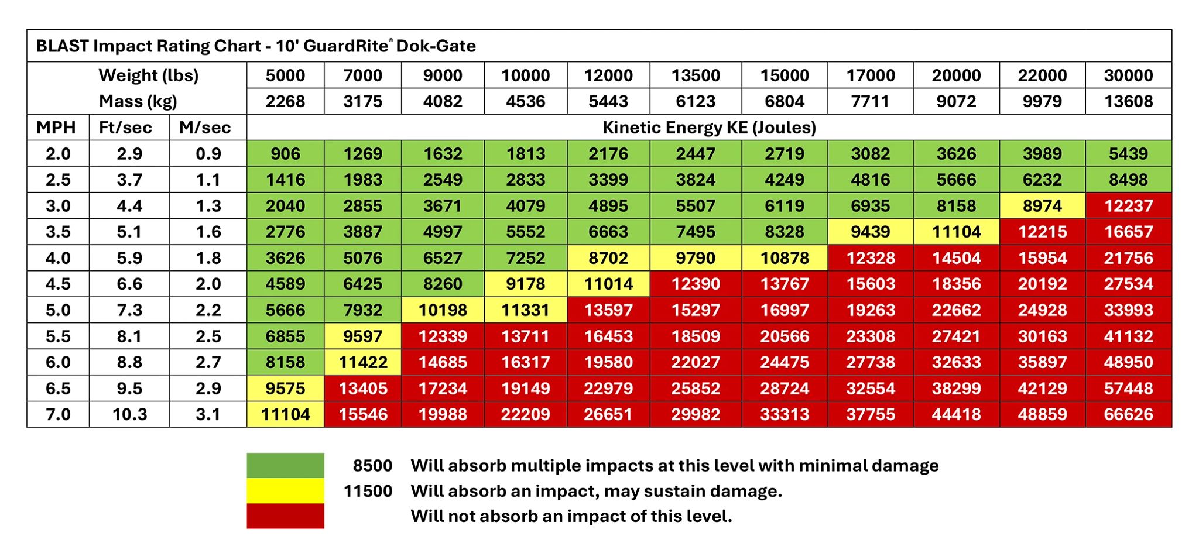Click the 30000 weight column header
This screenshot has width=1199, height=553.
(1128, 75)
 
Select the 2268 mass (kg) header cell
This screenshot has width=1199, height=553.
(285, 101)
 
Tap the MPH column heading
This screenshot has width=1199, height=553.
(56, 128)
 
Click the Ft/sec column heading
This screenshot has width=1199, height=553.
(125, 128)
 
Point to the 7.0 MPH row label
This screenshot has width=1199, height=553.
(58, 414)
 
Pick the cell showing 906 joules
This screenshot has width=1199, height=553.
(285, 154)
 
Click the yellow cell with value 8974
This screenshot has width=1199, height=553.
(1042, 206)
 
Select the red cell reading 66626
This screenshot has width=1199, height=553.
(1128, 414)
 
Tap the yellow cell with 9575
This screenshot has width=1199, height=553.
(285, 389)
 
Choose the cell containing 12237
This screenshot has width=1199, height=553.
(1128, 206)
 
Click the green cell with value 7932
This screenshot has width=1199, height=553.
(363, 310)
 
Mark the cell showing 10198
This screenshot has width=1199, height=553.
(443, 310)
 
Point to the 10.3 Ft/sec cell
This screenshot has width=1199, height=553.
(129, 414)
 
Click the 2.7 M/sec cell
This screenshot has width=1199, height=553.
(208, 362)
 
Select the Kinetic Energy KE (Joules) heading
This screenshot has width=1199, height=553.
(709, 128)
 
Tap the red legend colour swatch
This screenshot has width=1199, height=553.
(285, 516)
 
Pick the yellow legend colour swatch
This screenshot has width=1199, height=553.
(285, 491)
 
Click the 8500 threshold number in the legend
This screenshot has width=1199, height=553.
(372, 466)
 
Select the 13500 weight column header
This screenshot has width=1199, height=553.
(696, 75)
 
